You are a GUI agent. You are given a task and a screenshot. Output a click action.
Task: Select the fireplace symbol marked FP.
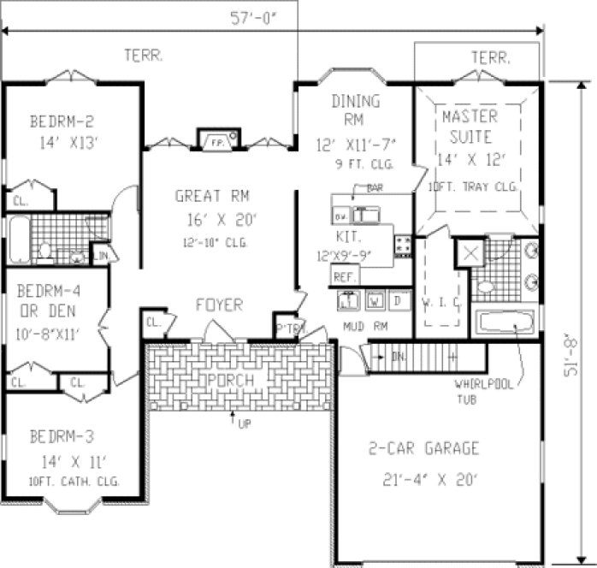point(211,141)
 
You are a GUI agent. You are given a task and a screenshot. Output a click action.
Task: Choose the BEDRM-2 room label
point(60,120)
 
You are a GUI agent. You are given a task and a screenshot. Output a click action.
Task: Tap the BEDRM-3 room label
point(60,439)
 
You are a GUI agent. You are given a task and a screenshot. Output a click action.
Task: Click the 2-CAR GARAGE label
point(423,448)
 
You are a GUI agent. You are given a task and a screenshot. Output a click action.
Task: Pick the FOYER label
point(219,305)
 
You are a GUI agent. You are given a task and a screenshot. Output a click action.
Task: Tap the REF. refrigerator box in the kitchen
point(344,276)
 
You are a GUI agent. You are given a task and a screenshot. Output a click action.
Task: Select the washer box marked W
point(374,300)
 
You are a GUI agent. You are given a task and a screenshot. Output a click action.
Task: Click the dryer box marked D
point(398,300)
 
